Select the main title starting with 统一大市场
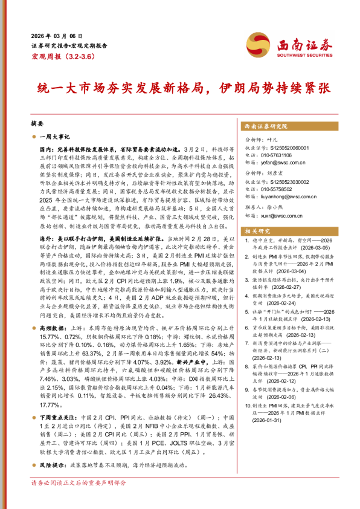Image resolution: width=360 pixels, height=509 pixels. tap(179, 87)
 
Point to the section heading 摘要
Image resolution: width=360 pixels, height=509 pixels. tap(37, 123)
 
